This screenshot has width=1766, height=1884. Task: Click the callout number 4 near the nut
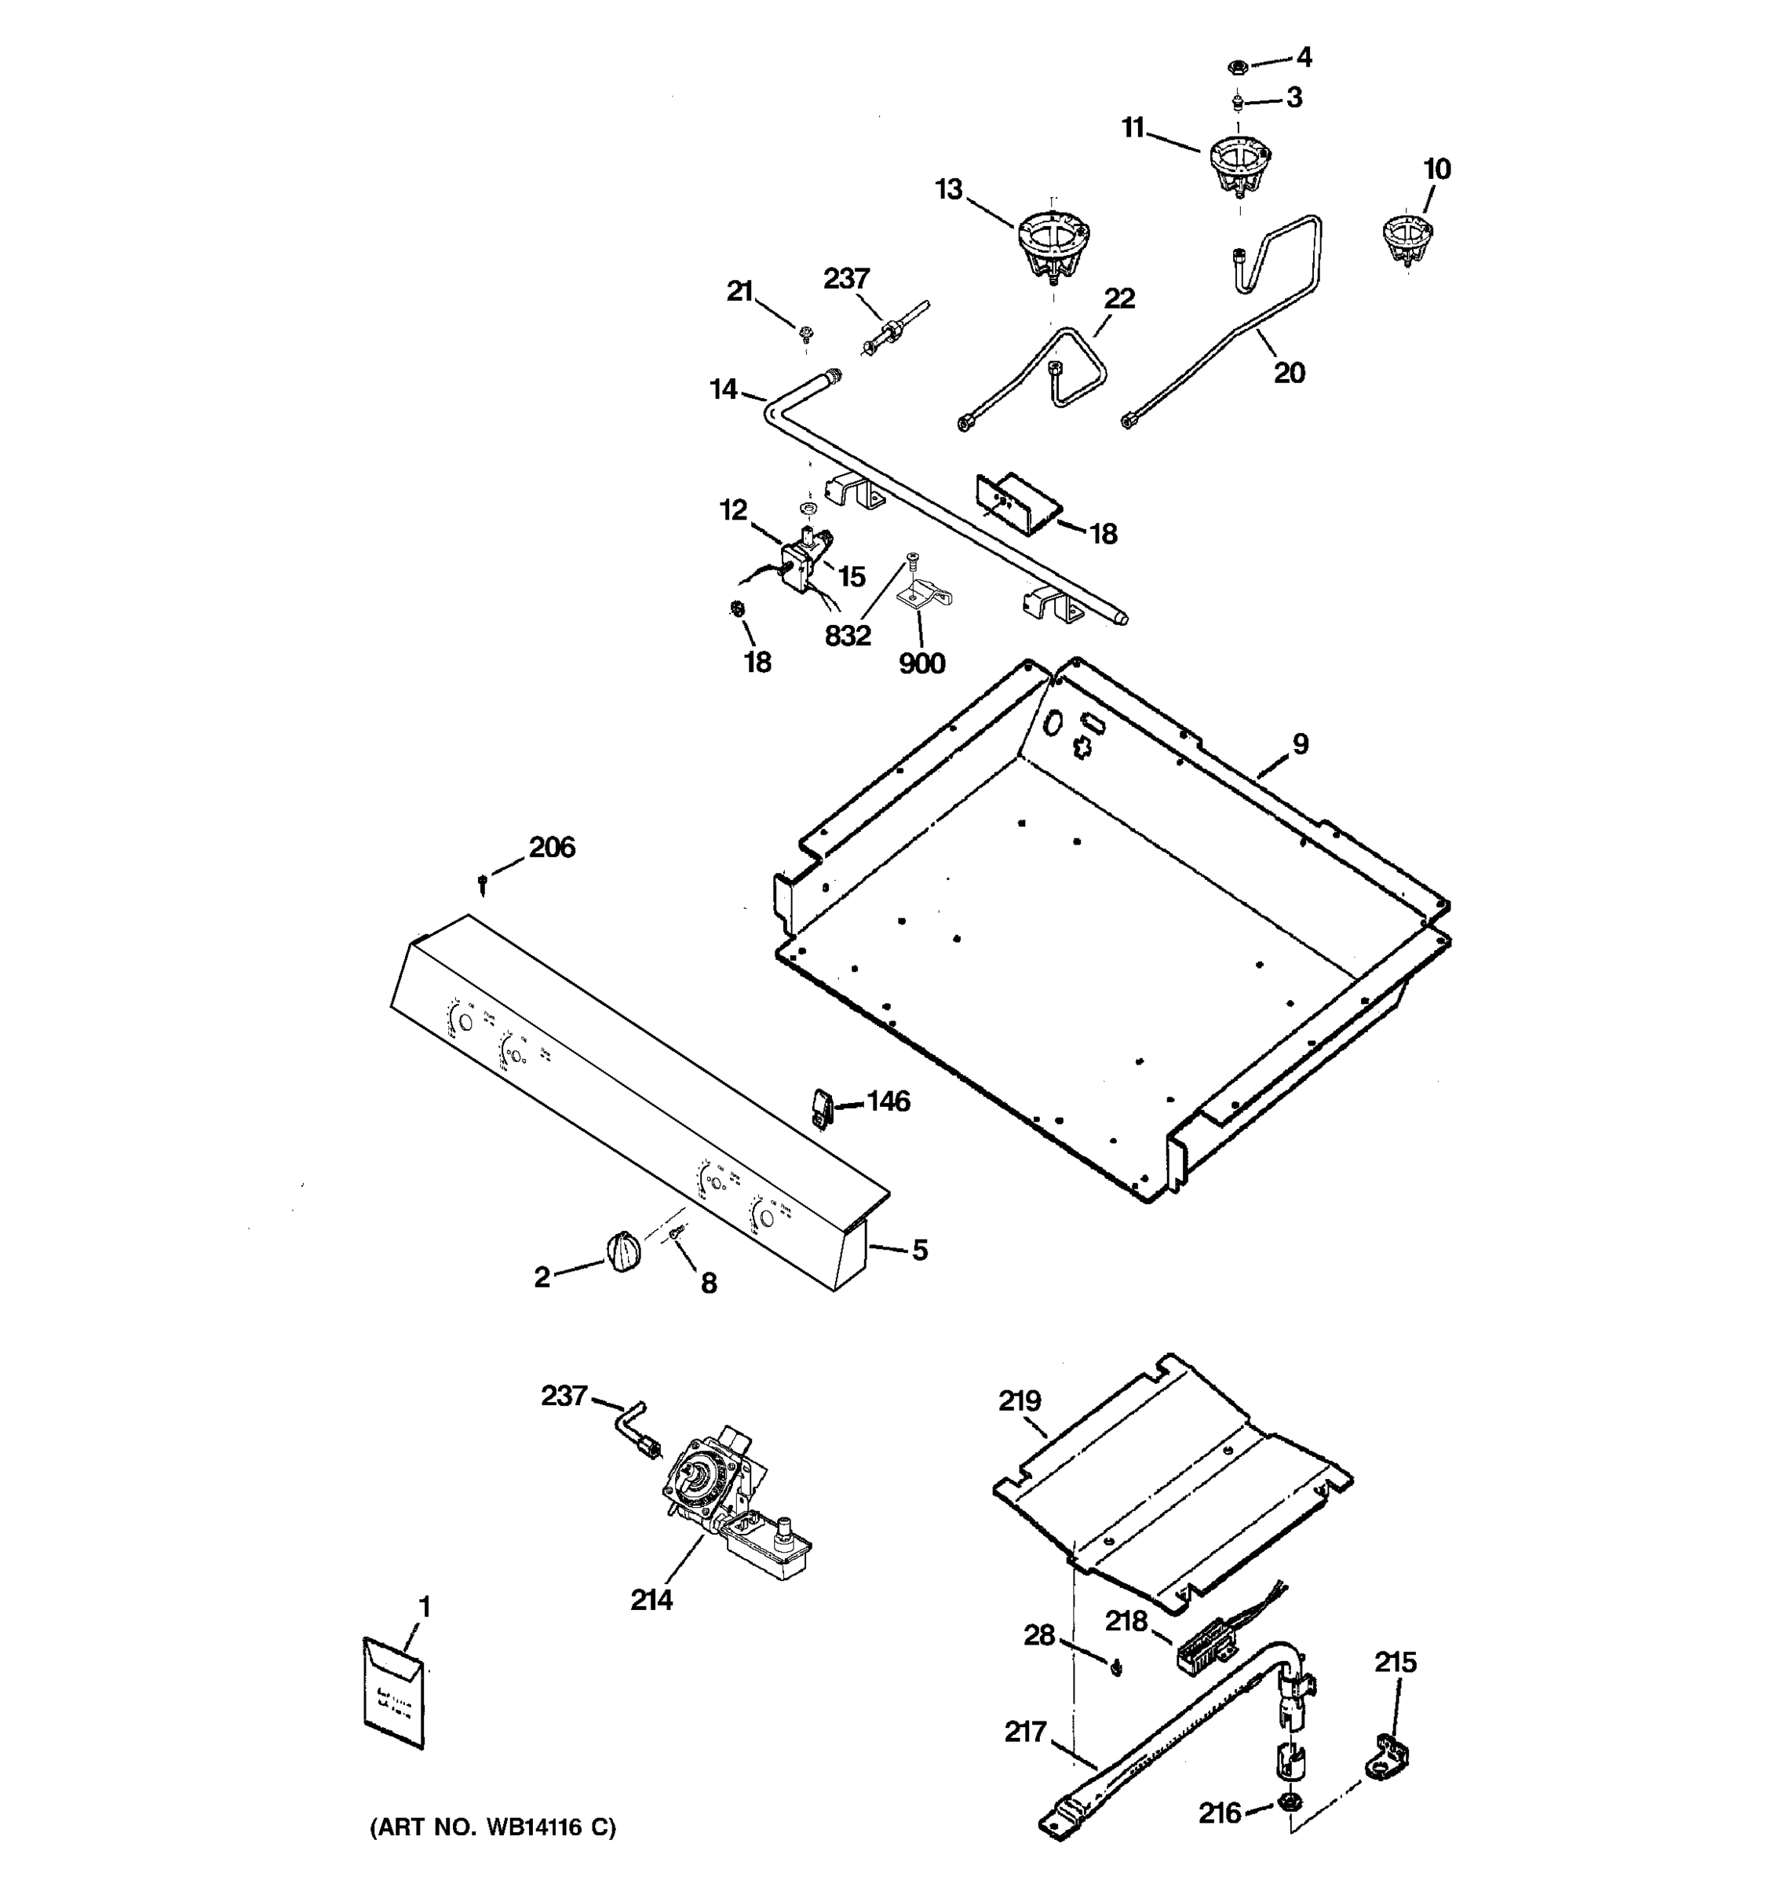tap(1304, 58)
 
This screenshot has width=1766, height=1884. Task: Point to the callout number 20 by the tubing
tap(1289, 374)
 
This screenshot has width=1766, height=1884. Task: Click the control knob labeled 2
tap(622, 1252)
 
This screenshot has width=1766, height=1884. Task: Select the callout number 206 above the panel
tap(552, 847)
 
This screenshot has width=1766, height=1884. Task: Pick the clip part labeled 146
tap(820, 1107)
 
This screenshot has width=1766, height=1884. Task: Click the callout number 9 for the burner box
tap(1300, 744)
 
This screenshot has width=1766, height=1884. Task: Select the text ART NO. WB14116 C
tap(493, 1827)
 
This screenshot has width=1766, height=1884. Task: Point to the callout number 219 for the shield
tap(1020, 1400)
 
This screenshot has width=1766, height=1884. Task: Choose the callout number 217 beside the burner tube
tap(1025, 1732)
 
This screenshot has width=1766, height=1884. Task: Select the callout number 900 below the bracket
tap(921, 663)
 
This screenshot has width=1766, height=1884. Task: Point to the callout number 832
tap(847, 636)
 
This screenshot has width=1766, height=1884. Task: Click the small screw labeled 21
tap(806, 334)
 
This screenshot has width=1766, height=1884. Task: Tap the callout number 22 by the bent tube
tap(1119, 298)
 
